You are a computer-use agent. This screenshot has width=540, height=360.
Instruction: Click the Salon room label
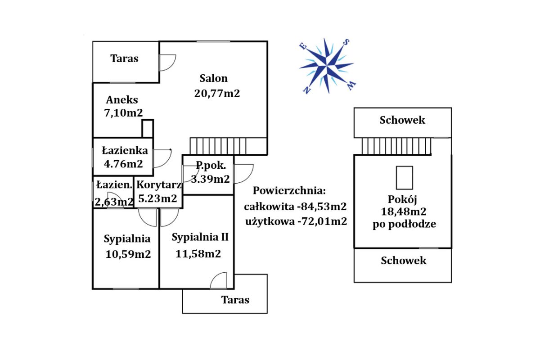tap(213, 78)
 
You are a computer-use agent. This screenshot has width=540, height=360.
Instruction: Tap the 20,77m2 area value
tap(217, 94)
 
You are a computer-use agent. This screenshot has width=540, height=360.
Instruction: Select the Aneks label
tap(122, 100)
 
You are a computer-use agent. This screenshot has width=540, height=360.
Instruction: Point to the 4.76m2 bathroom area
tap(123, 164)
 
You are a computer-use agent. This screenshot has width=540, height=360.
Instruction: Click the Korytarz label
tap(159, 184)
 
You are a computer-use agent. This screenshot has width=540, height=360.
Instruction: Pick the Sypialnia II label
tap(200, 237)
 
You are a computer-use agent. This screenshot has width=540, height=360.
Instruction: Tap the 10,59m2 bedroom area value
tap(128, 254)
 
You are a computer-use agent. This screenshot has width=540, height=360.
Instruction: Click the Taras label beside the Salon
tap(125, 58)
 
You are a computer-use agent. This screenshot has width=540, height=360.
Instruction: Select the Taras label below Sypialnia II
tap(235, 300)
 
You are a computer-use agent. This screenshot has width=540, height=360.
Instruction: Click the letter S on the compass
tap(346, 42)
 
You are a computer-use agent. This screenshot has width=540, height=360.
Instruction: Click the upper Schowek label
tap(402, 120)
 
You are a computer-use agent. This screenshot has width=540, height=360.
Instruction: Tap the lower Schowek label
tap(404, 261)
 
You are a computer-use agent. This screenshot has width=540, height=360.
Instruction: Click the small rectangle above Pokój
tap(404, 178)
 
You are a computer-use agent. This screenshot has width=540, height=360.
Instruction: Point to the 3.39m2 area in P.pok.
tap(208, 179)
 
